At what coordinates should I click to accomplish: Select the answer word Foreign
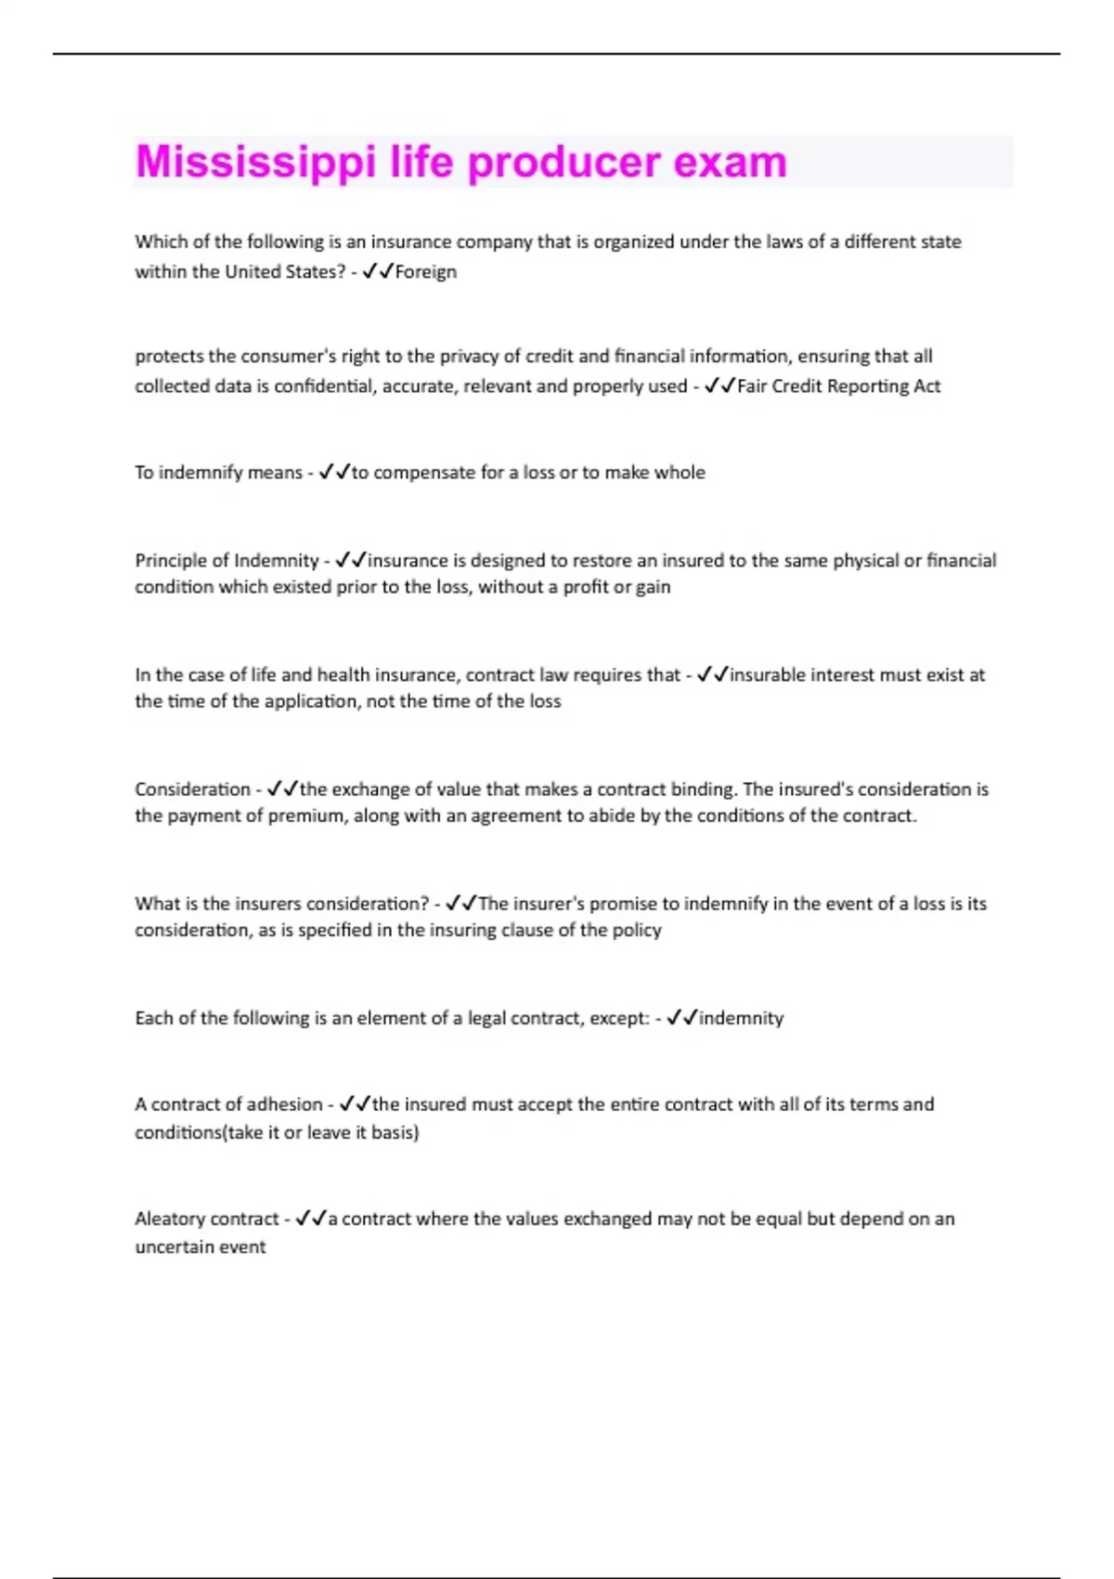click(426, 272)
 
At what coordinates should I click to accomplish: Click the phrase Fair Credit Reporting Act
click(838, 386)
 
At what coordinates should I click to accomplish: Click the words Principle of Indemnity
click(227, 561)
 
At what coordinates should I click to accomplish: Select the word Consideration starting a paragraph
click(192, 789)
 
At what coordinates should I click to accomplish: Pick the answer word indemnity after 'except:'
click(741, 1018)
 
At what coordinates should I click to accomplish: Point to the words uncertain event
click(201, 1247)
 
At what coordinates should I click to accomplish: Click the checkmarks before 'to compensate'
click(334, 473)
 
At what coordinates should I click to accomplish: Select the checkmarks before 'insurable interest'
click(713, 675)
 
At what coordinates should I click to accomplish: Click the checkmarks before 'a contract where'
click(311, 1219)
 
